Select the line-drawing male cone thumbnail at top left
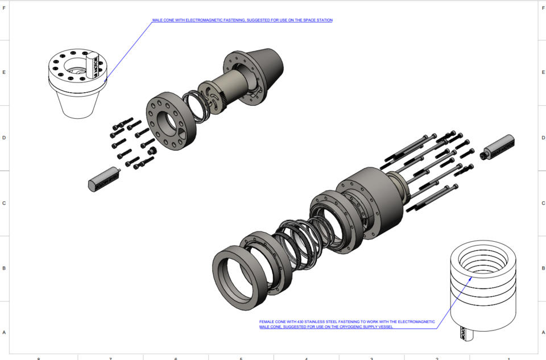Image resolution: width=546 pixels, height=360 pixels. pos(76,82)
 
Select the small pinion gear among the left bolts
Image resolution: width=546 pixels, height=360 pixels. pos(152,151)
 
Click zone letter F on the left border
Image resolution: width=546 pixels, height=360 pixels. pos(4,7)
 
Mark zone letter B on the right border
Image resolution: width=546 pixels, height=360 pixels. pos(543,268)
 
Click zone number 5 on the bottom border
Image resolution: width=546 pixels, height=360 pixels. pos(241,358)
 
